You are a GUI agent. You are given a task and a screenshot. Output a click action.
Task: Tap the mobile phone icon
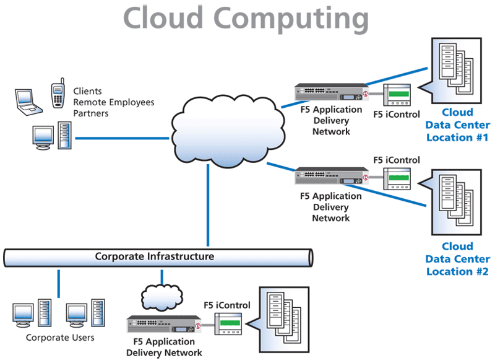58,94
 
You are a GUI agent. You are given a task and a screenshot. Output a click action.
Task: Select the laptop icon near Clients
27,102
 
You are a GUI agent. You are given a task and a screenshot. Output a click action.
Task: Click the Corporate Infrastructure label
154,256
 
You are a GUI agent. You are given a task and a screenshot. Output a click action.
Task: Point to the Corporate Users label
60,338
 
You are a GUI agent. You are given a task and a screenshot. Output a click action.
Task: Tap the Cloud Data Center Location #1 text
457,125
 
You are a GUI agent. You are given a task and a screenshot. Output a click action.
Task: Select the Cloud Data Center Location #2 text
457,259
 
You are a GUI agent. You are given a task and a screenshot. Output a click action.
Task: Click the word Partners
91,113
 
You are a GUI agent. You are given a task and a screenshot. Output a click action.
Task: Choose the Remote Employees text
114,102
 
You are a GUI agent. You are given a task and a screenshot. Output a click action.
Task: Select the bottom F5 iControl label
227,305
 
